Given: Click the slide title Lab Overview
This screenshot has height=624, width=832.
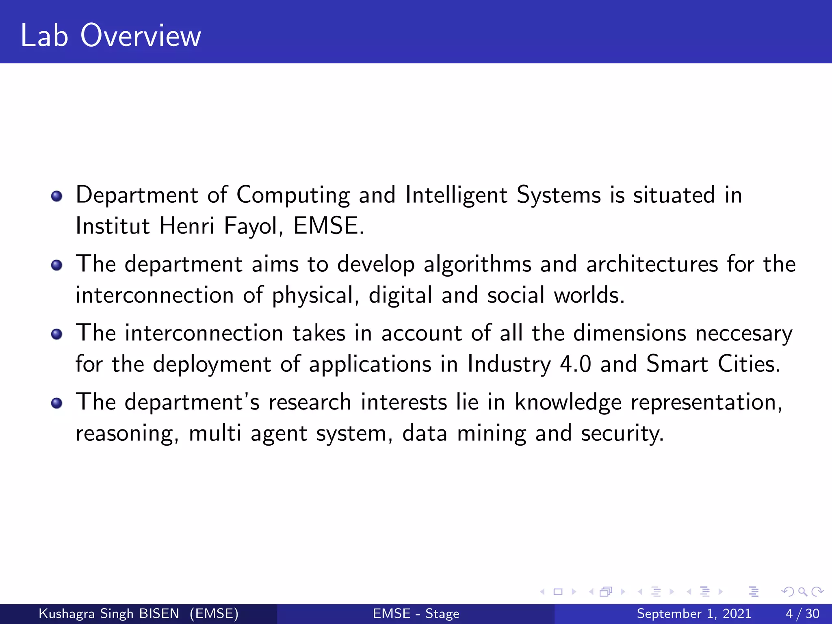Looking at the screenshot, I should (x=110, y=36).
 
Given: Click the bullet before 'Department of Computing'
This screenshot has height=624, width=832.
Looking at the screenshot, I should (x=57, y=196).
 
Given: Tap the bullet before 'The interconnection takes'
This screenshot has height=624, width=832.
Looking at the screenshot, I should (x=57, y=334).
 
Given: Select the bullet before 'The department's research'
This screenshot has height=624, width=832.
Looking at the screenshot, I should (x=57, y=403).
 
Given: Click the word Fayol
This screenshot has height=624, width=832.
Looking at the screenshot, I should (x=253, y=226).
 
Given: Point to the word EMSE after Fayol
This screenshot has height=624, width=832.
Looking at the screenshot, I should (x=326, y=226).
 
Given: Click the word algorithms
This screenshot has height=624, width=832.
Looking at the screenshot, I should (x=477, y=265).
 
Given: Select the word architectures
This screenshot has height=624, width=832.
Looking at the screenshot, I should (x=652, y=264).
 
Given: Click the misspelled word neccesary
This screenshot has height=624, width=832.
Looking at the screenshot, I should (x=743, y=334).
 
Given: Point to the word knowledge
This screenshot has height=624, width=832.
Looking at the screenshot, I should (x=568, y=403).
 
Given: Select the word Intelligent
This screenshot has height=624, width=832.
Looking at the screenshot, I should (x=456, y=196).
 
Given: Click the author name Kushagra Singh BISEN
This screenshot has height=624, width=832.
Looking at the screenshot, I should (x=109, y=613).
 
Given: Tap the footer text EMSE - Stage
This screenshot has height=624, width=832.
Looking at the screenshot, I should (x=416, y=613).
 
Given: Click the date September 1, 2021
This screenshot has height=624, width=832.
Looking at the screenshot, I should (x=693, y=613).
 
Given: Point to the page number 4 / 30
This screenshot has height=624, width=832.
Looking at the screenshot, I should (x=802, y=613).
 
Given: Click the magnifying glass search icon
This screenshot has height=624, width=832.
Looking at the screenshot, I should (x=802, y=591).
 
